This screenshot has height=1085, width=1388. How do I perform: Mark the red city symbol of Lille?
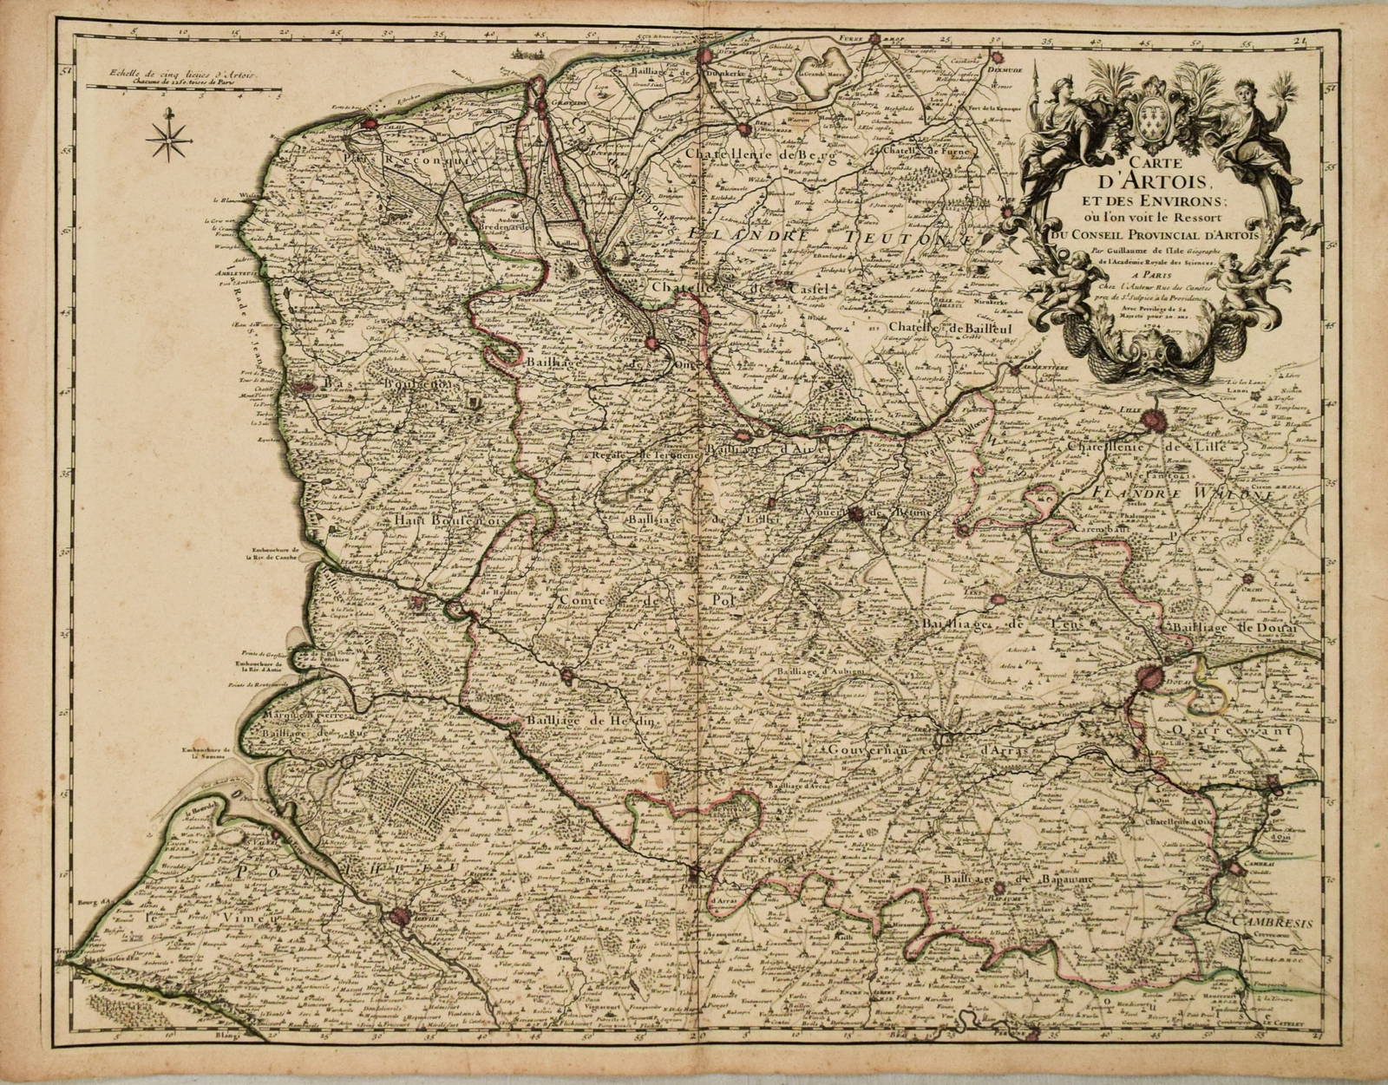click(1157, 422)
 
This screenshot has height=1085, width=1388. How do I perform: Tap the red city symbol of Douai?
click(1153, 675)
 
